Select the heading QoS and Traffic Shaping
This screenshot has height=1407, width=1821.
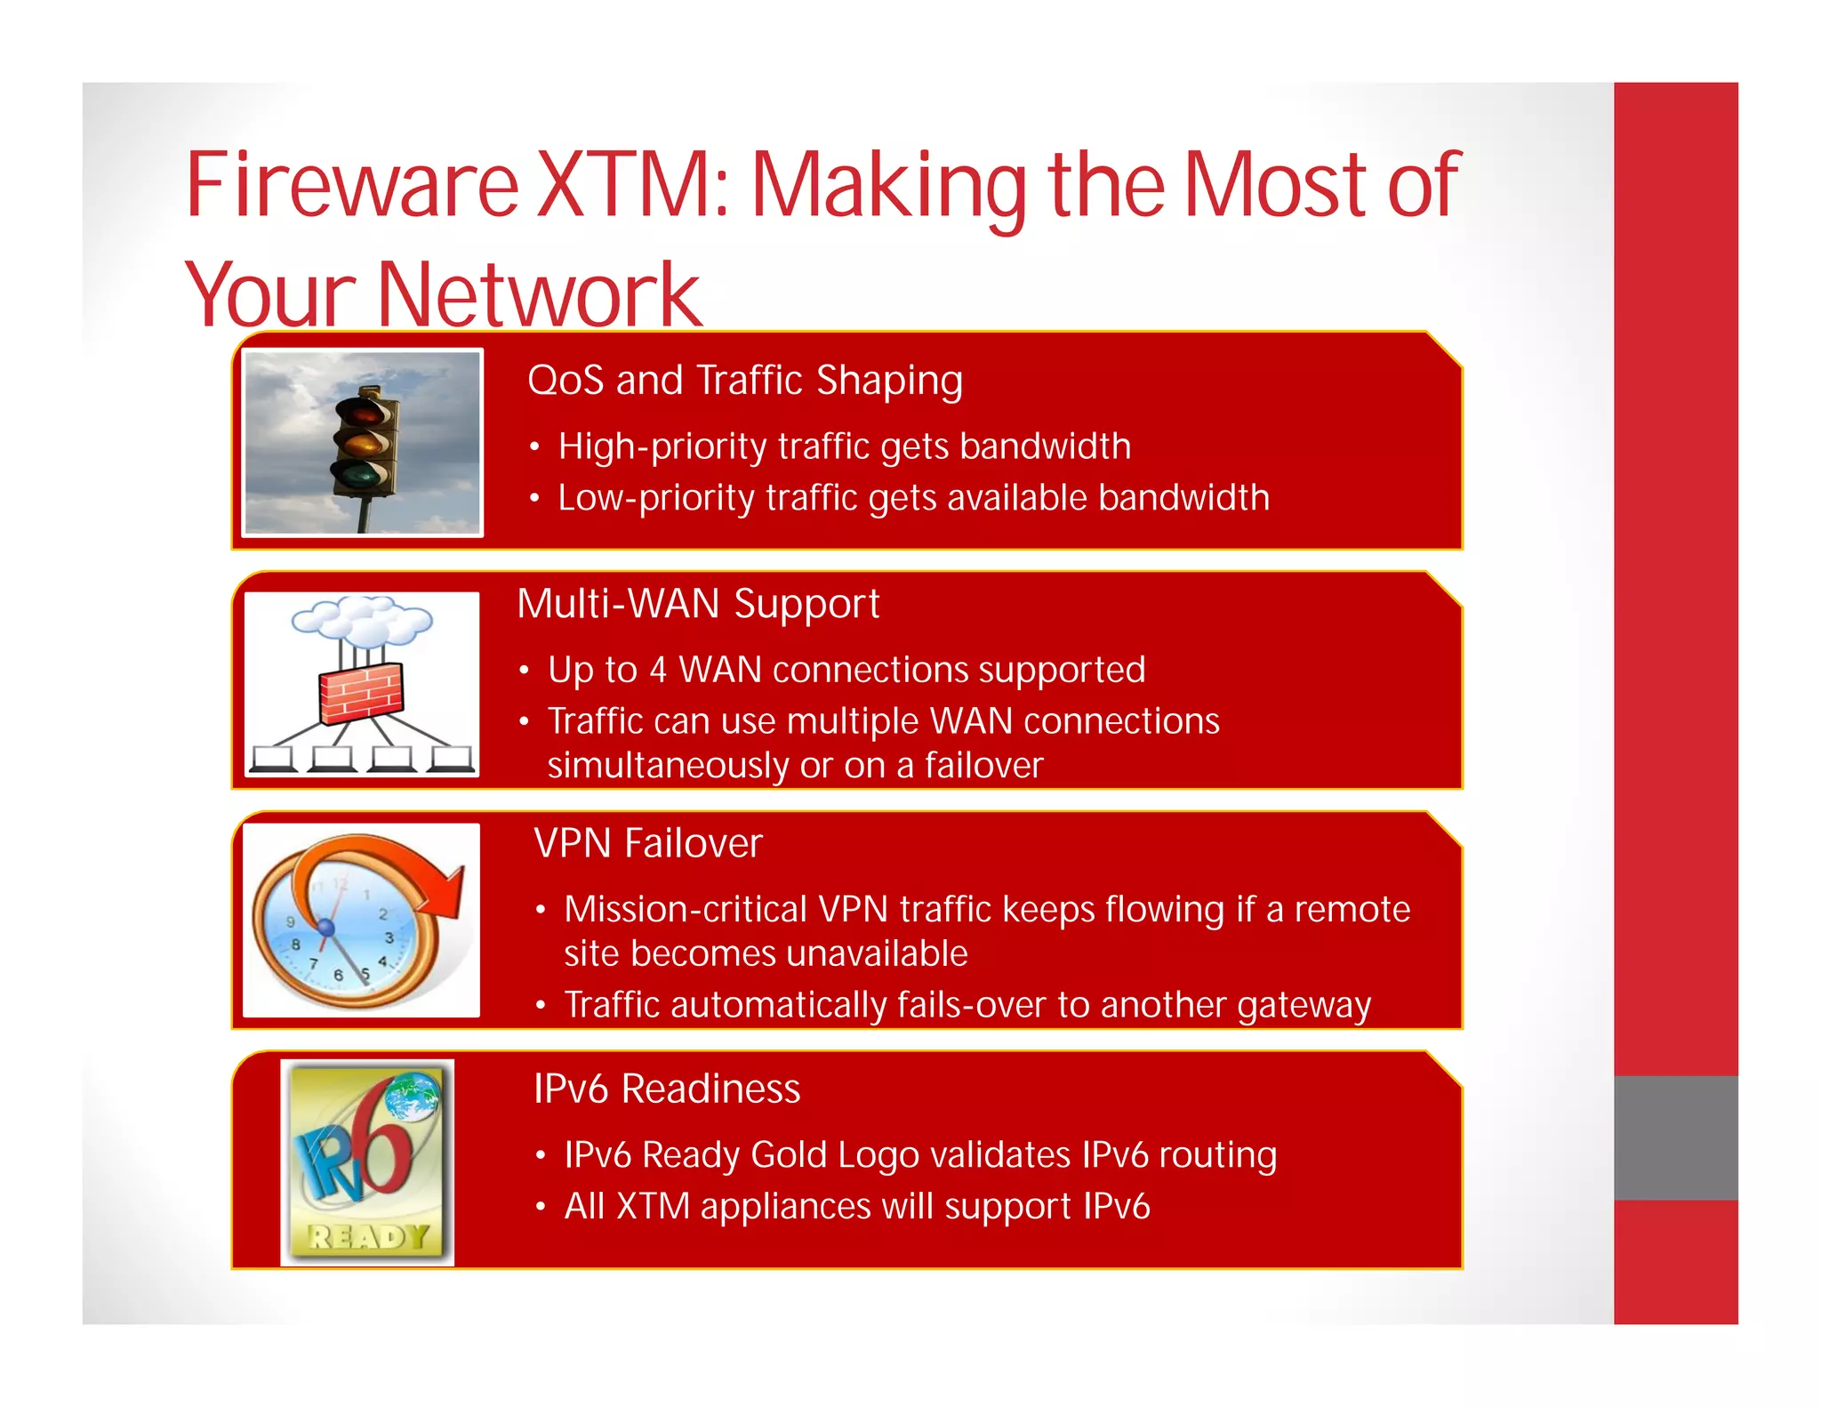tap(744, 380)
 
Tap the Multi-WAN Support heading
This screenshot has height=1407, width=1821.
tap(698, 604)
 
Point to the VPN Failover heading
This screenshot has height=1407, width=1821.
tap(647, 843)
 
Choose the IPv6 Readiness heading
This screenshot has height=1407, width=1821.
tap(667, 1089)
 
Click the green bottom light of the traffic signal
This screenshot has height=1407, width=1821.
tap(361, 474)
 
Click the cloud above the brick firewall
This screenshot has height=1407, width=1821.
tap(363, 620)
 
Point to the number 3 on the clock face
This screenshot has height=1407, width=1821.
tap(389, 937)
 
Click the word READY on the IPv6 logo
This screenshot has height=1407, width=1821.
tap(367, 1236)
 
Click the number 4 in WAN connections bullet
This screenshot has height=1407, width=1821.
tap(657, 670)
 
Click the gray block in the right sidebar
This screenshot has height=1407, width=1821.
tap(1675, 1138)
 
